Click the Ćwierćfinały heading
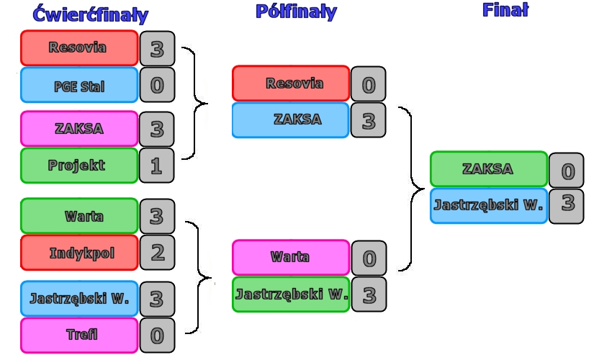[90, 14]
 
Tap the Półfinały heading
[296, 12]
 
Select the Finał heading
[505, 9]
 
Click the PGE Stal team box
[79, 86]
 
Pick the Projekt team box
[79, 166]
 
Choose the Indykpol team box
[79, 253]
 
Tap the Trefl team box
[79, 335]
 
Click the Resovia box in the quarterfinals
[79, 48]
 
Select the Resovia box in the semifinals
[291, 84]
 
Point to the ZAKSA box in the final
[489, 169]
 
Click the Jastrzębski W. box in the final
[489, 205]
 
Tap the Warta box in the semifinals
[291, 257]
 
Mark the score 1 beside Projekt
[157, 166]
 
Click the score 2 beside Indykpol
[157, 253]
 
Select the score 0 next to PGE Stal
[157, 86]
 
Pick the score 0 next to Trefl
[157, 335]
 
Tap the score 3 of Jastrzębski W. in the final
[567, 205]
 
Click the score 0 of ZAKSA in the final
[567, 171]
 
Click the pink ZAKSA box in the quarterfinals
[79, 129]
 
